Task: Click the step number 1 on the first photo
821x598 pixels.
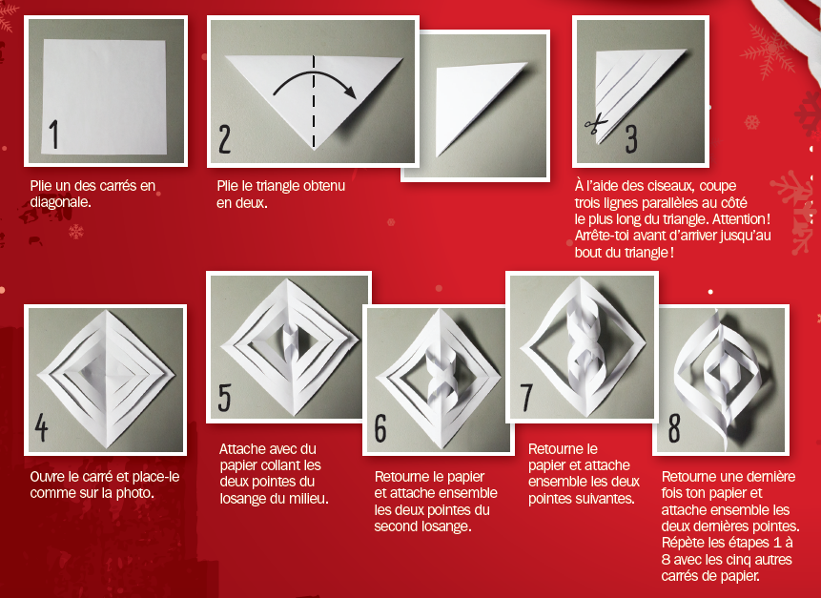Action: coord(54,134)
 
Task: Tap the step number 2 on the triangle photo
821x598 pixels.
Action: coord(225,138)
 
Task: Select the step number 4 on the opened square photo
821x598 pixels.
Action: coord(41,428)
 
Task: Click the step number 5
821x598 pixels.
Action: coord(225,398)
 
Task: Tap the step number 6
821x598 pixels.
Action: coord(380,428)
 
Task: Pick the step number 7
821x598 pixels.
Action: coord(526,398)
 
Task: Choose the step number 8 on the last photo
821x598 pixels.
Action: coord(674,428)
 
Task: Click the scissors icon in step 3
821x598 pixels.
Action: coord(596,125)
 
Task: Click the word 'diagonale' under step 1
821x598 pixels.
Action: coord(59,202)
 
